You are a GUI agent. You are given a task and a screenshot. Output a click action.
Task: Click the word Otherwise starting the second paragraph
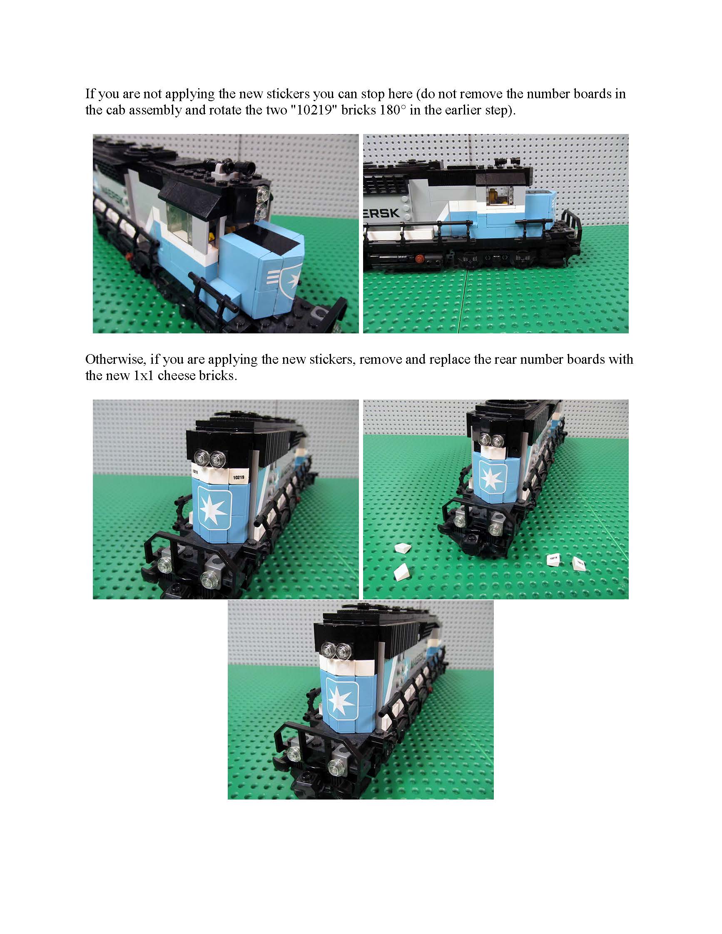(x=113, y=359)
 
